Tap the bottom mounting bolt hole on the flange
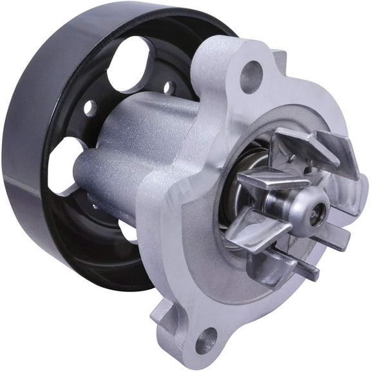point(206,339)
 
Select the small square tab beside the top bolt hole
point(279,60)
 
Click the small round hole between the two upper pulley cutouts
point(90,108)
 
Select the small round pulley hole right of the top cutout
point(169,88)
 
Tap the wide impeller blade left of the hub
point(248,225)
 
